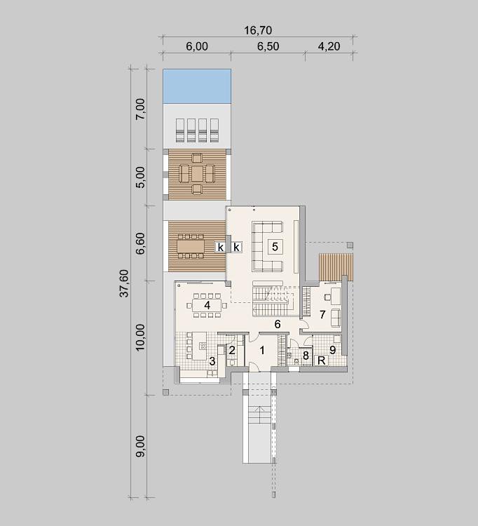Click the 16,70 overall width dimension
[258, 30]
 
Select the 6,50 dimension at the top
[268, 46]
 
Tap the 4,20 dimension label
[329, 46]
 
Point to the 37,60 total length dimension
[124, 283]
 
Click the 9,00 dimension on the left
[140, 446]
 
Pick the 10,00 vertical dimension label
[140, 337]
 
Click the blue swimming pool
[197, 86]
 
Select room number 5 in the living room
[275, 247]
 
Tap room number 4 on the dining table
[207, 305]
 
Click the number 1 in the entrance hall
[262, 351]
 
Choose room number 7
[322, 315]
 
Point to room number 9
[332, 350]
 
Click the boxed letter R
[321, 360]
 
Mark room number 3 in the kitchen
[212, 361]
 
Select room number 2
[231, 350]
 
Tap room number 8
[306, 356]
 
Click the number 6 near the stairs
[278, 324]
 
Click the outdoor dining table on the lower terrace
[191, 247]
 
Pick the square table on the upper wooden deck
[197, 173]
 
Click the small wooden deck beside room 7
[336, 267]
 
